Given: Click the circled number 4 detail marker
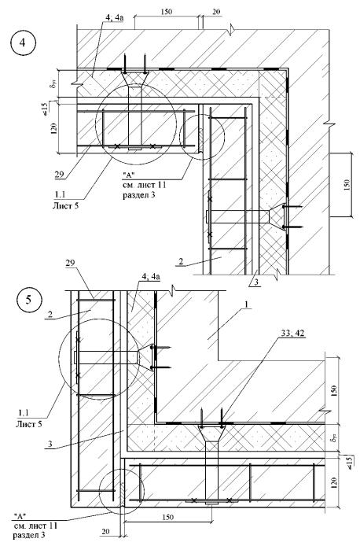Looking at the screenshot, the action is pos(23,43).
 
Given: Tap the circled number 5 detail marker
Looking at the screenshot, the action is pos(29,300).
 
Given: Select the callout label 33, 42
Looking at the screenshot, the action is pos(292,333).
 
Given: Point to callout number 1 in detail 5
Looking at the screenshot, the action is pos(247,304).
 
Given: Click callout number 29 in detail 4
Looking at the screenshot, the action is pos(60,173).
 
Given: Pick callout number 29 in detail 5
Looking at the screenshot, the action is pos(70,263).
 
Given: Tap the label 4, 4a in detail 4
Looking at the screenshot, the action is pos(112,17).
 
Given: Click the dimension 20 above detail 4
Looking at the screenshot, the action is pos(216,12).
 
